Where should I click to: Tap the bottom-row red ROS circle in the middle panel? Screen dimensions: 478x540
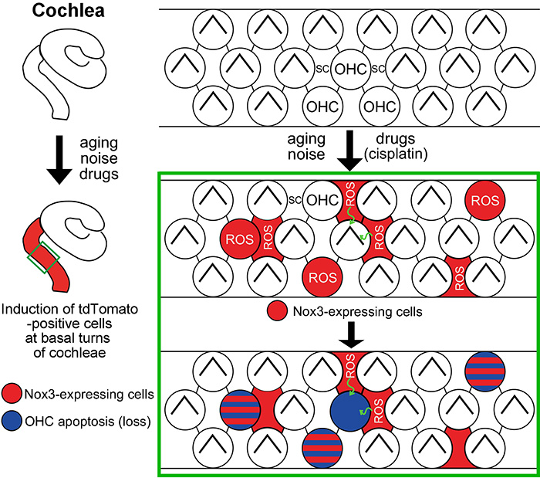tap(324, 273)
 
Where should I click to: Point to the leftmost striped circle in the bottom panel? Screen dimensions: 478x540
tap(241, 409)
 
